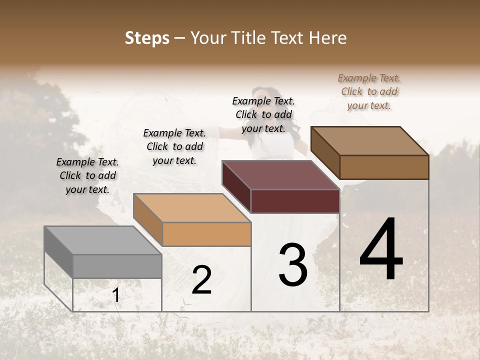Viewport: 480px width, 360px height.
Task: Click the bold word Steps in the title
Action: pos(147,38)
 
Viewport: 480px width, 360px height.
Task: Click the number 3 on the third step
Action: pos(293,264)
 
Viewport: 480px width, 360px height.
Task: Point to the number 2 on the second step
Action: pos(201,280)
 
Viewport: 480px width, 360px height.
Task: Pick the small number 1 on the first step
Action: pos(116,295)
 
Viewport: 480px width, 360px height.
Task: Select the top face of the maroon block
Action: pos(280,175)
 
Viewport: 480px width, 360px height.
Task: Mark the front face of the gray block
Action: pos(117,266)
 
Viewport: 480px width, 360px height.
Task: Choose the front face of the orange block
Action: pos(206,234)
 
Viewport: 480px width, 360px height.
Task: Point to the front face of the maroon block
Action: pos(295,201)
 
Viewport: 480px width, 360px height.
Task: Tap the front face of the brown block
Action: pos(384,167)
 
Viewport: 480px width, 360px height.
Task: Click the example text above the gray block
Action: pos(87,175)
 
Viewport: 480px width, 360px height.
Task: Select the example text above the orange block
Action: pos(174,146)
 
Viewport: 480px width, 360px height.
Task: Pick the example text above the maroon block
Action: pos(263,114)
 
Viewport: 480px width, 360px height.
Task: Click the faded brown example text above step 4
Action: pos(369,91)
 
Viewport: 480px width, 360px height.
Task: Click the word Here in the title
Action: pos(327,38)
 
